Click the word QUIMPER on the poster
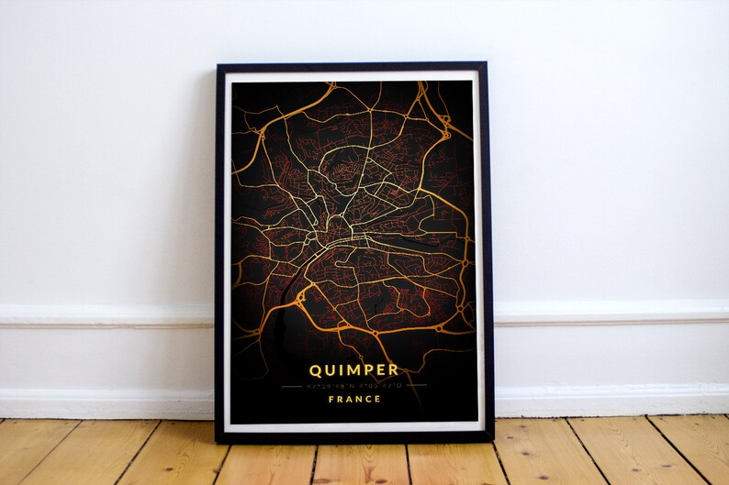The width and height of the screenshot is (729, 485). pos(353,370)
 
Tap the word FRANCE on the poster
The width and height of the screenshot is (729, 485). pos(353,399)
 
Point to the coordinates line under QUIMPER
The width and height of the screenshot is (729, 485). pos(353,386)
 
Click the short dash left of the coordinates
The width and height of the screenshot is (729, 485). pos(294,386)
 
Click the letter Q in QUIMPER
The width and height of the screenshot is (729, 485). pos(316,370)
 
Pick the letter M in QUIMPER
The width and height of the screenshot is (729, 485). pos(352,370)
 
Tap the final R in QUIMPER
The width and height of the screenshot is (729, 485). pos(393,370)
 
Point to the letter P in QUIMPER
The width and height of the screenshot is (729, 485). pos(367,370)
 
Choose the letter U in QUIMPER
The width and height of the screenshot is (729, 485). pos(331,370)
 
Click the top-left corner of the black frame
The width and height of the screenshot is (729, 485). pos(218,65)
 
